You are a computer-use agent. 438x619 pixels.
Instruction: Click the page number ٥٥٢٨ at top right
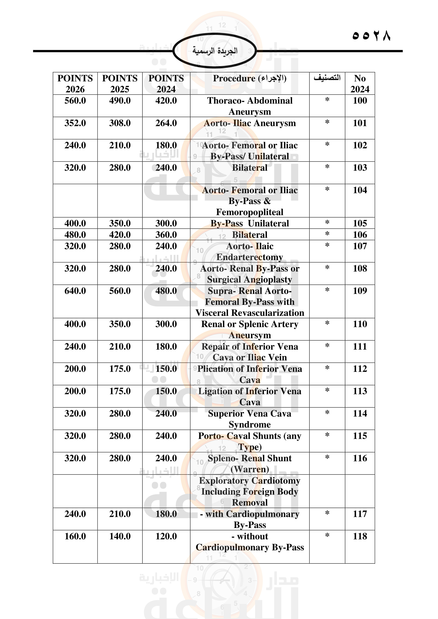point(371,35)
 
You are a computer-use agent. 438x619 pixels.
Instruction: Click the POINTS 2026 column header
point(75,83)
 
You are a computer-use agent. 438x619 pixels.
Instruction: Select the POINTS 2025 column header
point(120,83)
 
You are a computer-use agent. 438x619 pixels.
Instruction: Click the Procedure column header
point(249,78)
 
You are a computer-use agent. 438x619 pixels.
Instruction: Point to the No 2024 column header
point(360,83)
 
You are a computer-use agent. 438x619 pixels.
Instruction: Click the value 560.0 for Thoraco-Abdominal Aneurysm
point(75,101)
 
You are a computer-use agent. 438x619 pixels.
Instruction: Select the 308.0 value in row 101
point(120,123)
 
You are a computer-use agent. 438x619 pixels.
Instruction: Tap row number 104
point(360,190)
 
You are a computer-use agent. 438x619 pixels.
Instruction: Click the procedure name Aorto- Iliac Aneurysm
point(249,123)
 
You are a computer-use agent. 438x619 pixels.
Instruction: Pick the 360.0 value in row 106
point(166,234)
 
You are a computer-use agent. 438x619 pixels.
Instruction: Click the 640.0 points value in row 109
point(75,291)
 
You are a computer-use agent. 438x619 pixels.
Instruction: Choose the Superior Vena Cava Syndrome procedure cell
point(249,419)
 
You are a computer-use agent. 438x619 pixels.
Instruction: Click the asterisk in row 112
point(327,368)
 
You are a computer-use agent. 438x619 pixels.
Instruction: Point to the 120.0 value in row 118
point(166,536)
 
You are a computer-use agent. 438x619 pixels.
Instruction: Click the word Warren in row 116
point(249,469)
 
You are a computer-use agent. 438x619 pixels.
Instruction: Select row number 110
point(360,324)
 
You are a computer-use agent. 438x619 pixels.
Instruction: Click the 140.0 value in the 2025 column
point(120,536)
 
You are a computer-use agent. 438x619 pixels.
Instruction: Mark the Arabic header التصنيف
point(327,78)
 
